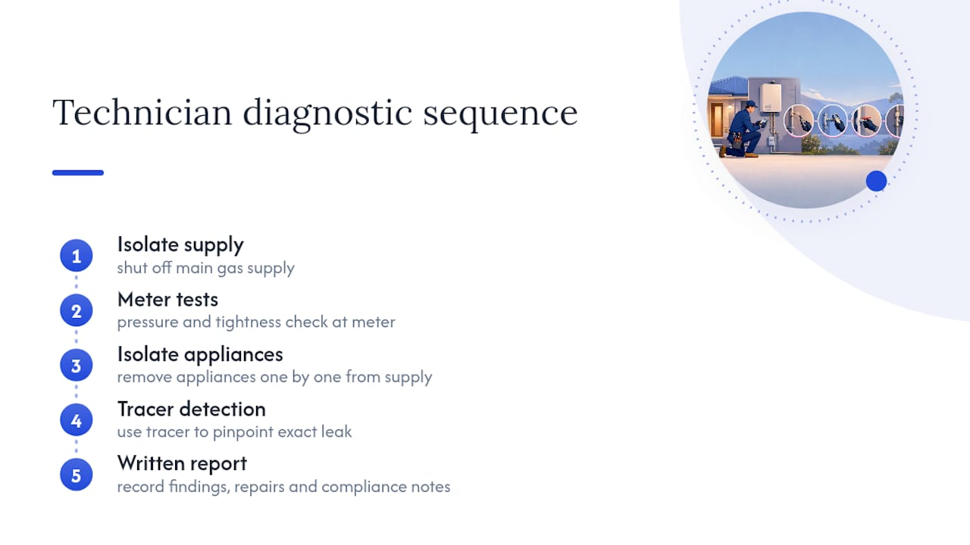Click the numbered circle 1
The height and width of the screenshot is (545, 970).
[x=77, y=256]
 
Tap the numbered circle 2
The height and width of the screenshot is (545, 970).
[x=77, y=310]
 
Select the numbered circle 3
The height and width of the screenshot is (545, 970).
[x=77, y=366]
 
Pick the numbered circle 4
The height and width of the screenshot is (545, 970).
[x=77, y=420]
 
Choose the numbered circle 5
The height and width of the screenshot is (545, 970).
[x=77, y=475]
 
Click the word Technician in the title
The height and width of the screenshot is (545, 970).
[x=142, y=112]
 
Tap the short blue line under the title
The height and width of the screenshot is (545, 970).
[x=78, y=173]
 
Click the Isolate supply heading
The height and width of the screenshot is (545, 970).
[x=180, y=244]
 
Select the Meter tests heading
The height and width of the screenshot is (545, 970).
[x=167, y=299]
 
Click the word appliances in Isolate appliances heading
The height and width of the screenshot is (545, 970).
[x=233, y=355]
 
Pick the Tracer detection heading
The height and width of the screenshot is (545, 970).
[x=192, y=410]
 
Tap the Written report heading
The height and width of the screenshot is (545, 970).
[x=182, y=464]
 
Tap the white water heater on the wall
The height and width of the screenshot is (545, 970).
[x=771, y=97]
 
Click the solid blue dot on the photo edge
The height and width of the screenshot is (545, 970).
[x=877, y=181]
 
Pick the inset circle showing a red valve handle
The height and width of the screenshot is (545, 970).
[x=866, y=122]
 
